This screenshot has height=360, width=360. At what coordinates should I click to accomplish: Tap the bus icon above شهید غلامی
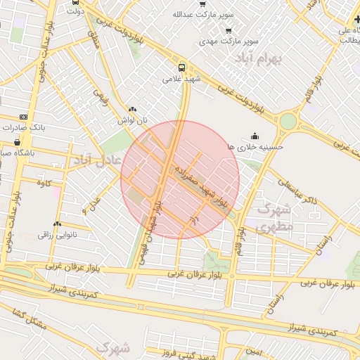(x=182, y=68)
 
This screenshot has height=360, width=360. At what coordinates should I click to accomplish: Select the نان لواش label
(x=133, y=120)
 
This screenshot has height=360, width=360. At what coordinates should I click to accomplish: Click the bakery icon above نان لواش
(x=133, y=110)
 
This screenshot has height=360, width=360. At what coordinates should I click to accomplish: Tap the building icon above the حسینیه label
(x=255, y=136)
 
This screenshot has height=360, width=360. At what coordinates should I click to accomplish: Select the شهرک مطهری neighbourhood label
(x=274, y=218)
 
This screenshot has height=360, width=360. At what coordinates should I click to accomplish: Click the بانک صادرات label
(x=25, y=128)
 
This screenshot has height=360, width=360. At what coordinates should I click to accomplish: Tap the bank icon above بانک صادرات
(x=25, y=117)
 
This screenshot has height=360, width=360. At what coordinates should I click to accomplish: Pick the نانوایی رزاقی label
(x=57, y=233)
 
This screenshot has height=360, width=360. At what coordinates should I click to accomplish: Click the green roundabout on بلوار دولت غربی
(x=288, y=121)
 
